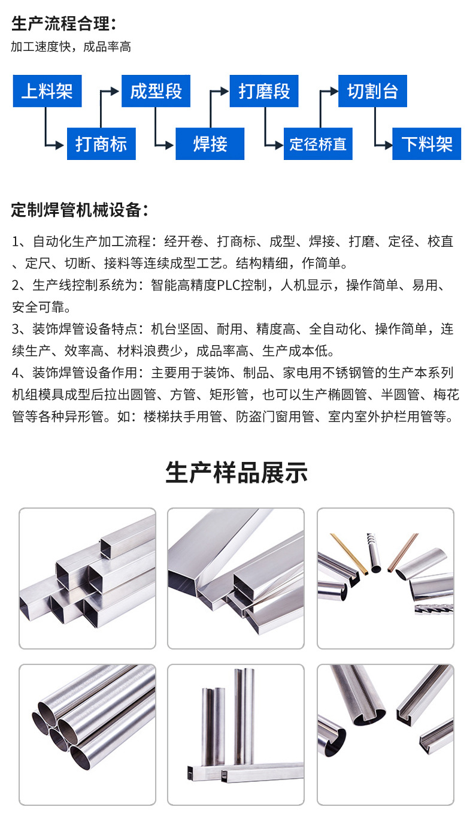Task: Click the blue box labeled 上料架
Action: click(x=47, y=91)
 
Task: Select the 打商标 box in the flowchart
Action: click(x=101, y=144)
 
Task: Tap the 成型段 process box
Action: click(x=156, y=91)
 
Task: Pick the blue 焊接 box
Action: click(x=210, y=144)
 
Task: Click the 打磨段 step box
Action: click(x=264, y=91)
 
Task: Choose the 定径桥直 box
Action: click(x=318, y=144)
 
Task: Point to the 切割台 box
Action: click(x=372, y=91)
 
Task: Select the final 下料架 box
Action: click(x=426, y=144)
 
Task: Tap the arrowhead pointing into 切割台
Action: click(x=334, y=91)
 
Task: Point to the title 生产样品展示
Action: click(x=236, y=473)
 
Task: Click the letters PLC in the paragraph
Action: click(x=229, y=285)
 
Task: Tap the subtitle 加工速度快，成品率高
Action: click(x=71, y=47)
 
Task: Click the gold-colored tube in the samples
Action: click(x=348, y=554)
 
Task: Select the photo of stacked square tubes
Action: click(x=87, y=578)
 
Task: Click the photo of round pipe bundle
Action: click(x=87, y=735)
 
